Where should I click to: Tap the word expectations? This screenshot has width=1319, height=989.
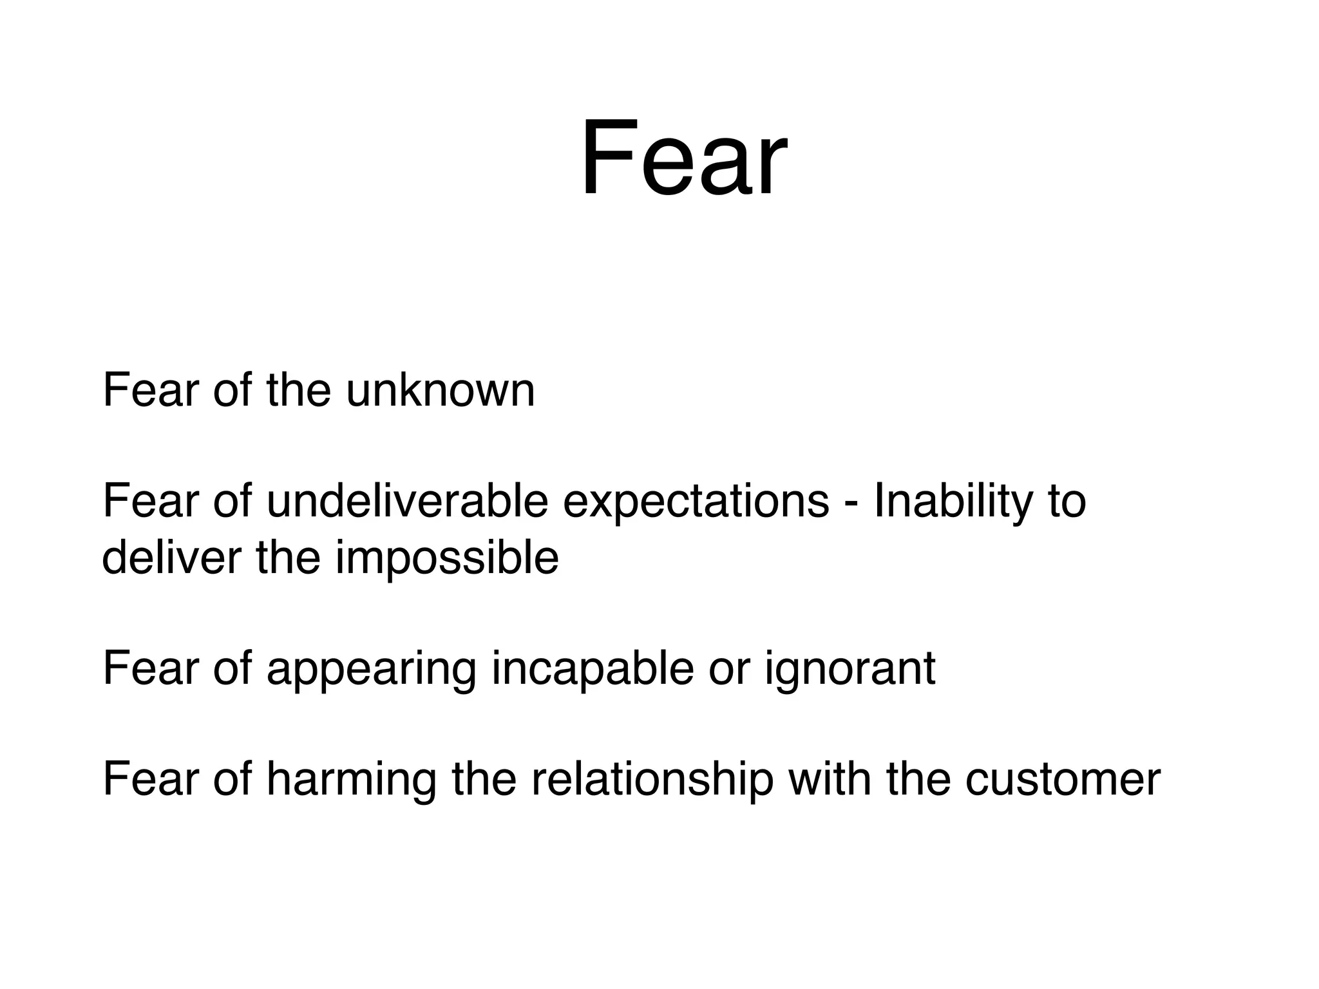tap(696, 502)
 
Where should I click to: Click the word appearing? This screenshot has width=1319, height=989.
tap(372, 670)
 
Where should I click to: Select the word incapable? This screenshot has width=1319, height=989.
tap(593, 670)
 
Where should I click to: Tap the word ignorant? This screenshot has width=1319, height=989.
tap(849, 670)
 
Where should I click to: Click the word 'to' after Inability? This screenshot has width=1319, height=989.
tap(1067, 502)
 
